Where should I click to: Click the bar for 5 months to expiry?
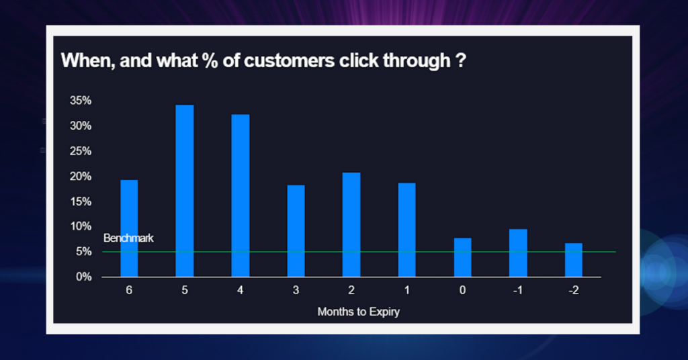[184, 191]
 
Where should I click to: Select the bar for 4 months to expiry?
[240, 195]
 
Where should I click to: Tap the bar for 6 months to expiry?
[129, 228]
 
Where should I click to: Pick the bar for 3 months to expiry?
[296, 231]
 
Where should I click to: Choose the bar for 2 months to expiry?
[351, 225]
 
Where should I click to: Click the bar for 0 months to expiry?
[462, 257]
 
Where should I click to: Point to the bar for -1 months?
[518, 253]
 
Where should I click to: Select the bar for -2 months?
[573, 260]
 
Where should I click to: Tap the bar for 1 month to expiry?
[406, 230]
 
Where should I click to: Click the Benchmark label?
[128, 238]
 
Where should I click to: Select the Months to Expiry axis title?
[358, 312]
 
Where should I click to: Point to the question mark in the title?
[461, 61]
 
